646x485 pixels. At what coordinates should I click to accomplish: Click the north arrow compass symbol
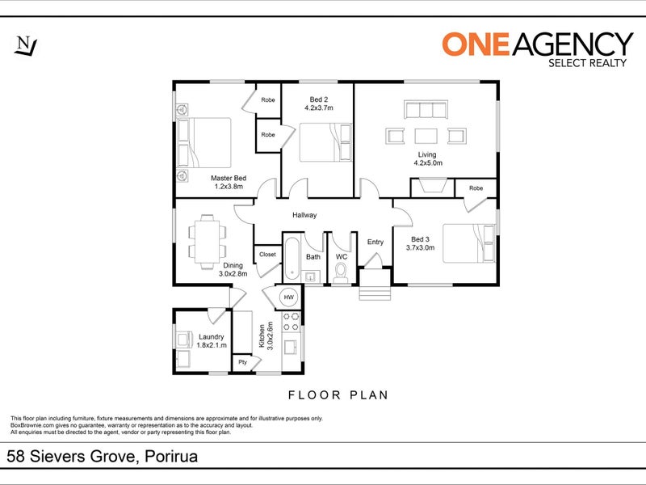pos(26,46)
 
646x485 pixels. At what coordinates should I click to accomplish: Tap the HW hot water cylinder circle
pos(289,297)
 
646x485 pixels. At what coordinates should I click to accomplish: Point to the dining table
pos(208,242)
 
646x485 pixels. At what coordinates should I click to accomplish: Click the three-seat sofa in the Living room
pos(426,110)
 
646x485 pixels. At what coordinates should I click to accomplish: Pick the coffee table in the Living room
pos(426,136)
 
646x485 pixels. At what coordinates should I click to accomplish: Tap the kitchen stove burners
pos(291,322)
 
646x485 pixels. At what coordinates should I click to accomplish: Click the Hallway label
pos(304,215)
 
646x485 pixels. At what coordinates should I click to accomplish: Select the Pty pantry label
pos(243,362)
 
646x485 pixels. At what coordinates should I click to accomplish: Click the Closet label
pos(267,255)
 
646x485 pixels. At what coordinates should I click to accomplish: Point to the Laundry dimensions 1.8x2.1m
pos(212,345)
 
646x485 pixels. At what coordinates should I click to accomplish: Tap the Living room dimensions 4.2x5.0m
pos(428,163)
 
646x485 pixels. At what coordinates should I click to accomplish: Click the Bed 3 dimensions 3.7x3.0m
pos(420,247)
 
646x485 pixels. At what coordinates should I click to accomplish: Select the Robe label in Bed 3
pos(476,188)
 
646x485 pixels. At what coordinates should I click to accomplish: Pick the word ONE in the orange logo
pos(476,44)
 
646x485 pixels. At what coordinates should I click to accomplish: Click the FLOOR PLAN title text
pos(338,395)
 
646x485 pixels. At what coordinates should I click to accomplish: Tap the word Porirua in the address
pos(172,457)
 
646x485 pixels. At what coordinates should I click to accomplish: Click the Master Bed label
pos(229,178)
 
